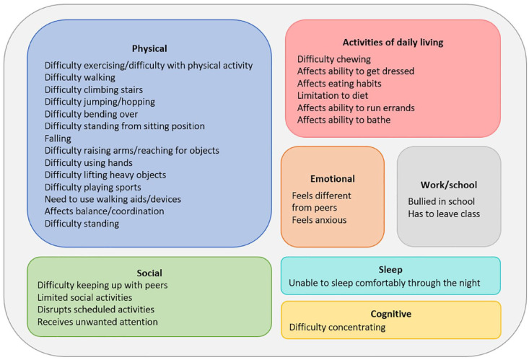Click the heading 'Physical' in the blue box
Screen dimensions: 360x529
[x=149, y=48]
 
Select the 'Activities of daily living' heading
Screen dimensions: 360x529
[x=392, y=43]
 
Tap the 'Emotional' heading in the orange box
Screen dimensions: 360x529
[x=332, y=178]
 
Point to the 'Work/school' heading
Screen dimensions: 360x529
[x=448, y=185]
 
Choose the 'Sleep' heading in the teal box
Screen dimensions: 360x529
[x=390, y=269]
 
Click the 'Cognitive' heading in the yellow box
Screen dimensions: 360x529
[x=390, y=314]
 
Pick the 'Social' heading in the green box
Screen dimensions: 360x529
[x=149, y=273]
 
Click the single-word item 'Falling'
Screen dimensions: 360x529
[x=58, y=139]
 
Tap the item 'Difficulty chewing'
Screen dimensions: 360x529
[x=334, y=59]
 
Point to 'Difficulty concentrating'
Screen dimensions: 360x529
[x=338, y=328]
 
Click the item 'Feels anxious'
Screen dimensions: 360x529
[x=319, y=220]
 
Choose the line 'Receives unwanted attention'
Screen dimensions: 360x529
[x=97, y=322]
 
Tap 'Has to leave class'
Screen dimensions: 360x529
[x=444, y=214]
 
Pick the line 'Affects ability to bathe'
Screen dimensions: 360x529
[x=344, y=120]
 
